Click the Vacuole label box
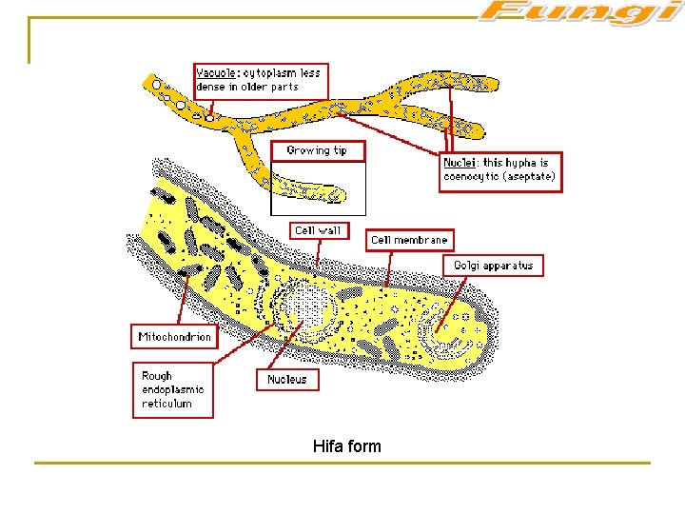click(x=260, y=80)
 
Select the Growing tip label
click(x=317, y=150)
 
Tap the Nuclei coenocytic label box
click(x=501, y=170)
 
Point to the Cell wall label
click(x=317, y=230)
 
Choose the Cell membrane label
click(x=409, y=240)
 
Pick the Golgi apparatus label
click(x=494, y=266)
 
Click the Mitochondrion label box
click(x=175, y=337)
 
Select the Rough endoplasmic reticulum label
click(x=172, y=389)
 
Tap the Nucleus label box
click(x=287, y=379)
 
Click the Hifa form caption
click(x=346, y=445)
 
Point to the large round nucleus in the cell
click(x=305, y=309)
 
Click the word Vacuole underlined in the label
click(x=215, y=73)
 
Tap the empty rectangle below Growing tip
click(x=318, y=188)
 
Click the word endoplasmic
click(x=172, y=389)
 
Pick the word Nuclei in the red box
click(x=460, y=164)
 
